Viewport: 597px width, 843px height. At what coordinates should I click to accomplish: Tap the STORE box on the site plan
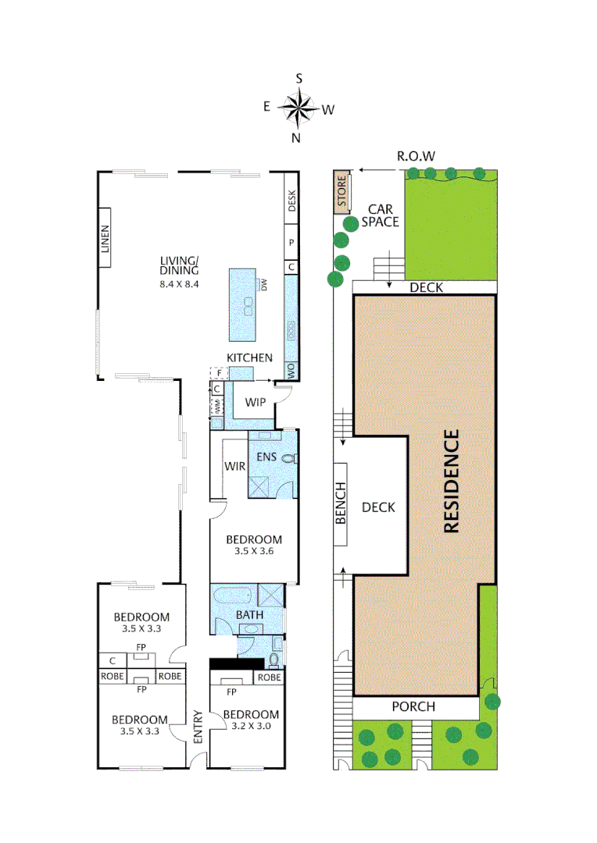(341, 194)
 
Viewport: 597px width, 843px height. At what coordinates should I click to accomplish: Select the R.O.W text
(416, 155)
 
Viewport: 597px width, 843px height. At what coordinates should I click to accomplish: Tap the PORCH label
(413, 707)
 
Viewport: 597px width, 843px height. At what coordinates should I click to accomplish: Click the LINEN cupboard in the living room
(106, 237)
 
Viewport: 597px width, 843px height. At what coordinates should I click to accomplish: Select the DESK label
(292, 202)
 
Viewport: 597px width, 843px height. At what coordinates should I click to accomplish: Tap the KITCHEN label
(249, 357)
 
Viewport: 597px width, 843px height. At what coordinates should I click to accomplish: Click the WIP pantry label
(256, 402)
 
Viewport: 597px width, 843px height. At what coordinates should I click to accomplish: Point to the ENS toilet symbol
(288, 459)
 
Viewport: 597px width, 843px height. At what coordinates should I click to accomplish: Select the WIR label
(235, 466)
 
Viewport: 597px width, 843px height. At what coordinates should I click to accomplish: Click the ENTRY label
(198, 727)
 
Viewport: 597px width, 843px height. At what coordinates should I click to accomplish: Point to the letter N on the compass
(296, 138)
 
